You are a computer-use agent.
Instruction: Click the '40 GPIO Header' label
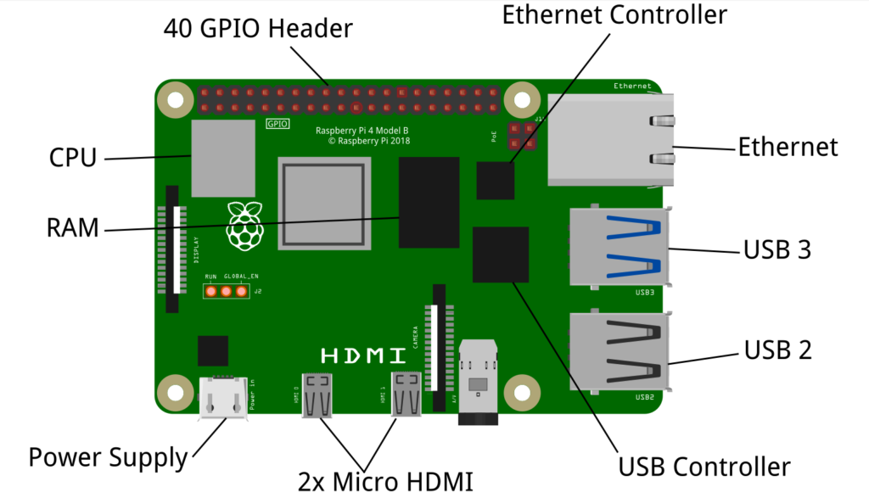pos(258,30)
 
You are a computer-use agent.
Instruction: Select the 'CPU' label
pos(73,158)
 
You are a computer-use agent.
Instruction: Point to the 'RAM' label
pos(74,228)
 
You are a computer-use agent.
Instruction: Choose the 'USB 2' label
pos(777,350)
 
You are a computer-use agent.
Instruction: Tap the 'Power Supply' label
pos(108,458)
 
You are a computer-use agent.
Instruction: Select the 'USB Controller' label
pos(704,467)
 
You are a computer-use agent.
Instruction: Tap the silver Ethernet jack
pos(609,140)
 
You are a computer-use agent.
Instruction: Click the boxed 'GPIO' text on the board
pos(278,124)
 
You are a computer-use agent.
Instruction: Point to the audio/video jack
pos(478,382)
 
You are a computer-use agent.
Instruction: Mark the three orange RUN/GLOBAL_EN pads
pos(227,291)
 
